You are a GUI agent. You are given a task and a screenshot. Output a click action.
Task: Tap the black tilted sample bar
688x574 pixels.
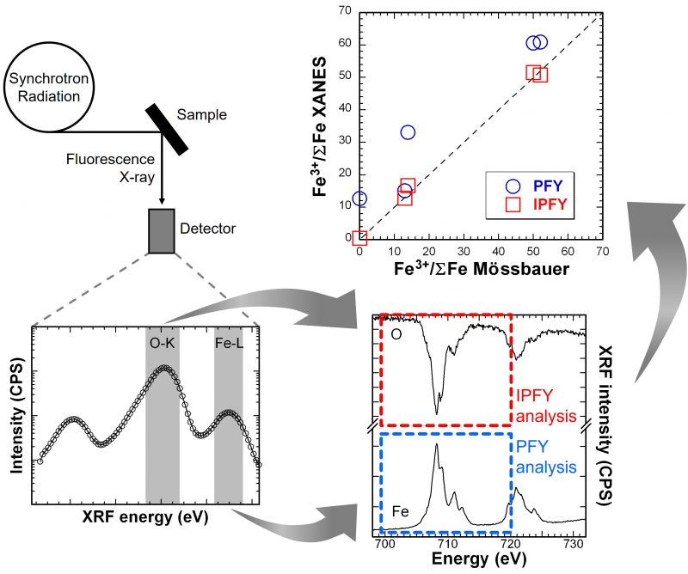click(167, 130)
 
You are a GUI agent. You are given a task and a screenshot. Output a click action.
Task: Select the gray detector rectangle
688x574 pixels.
click(163, 230)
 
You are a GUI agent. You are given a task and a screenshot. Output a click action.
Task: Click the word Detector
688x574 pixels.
click(207, 229)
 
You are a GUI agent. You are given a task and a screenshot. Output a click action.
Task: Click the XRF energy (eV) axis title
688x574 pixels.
click(149, 519)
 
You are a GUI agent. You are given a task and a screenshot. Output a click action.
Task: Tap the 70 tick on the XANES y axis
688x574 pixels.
click(346, 11)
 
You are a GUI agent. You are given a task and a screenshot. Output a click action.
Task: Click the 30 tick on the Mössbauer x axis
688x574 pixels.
click(464, 251)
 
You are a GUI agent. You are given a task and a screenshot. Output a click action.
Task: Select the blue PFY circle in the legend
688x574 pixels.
click(513, 185)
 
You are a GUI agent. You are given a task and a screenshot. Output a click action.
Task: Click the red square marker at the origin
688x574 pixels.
click(360, 238)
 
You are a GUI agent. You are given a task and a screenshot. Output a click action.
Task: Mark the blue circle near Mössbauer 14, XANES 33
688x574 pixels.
click(408, 131)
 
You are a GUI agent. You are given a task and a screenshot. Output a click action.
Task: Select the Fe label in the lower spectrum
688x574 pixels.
click(400, 512)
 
